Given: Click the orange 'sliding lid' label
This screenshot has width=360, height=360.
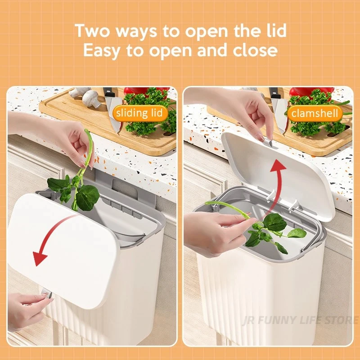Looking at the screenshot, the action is pos(140,113).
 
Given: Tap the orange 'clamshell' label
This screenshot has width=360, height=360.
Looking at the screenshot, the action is pos(315,113).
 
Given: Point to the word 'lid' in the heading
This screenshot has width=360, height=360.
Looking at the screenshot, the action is pos(277,30).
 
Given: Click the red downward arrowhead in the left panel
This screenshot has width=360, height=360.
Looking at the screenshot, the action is pos(39,258).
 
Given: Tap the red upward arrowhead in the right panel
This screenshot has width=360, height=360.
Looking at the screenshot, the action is pos(278,166).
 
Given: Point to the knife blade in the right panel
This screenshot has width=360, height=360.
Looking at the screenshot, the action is pos(279,115).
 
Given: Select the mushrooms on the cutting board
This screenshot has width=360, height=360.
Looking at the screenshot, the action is pos(85,96).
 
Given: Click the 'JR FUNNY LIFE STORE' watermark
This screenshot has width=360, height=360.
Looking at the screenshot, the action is pos(300,320).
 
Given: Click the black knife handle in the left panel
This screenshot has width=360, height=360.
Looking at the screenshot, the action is pos(108,92).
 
